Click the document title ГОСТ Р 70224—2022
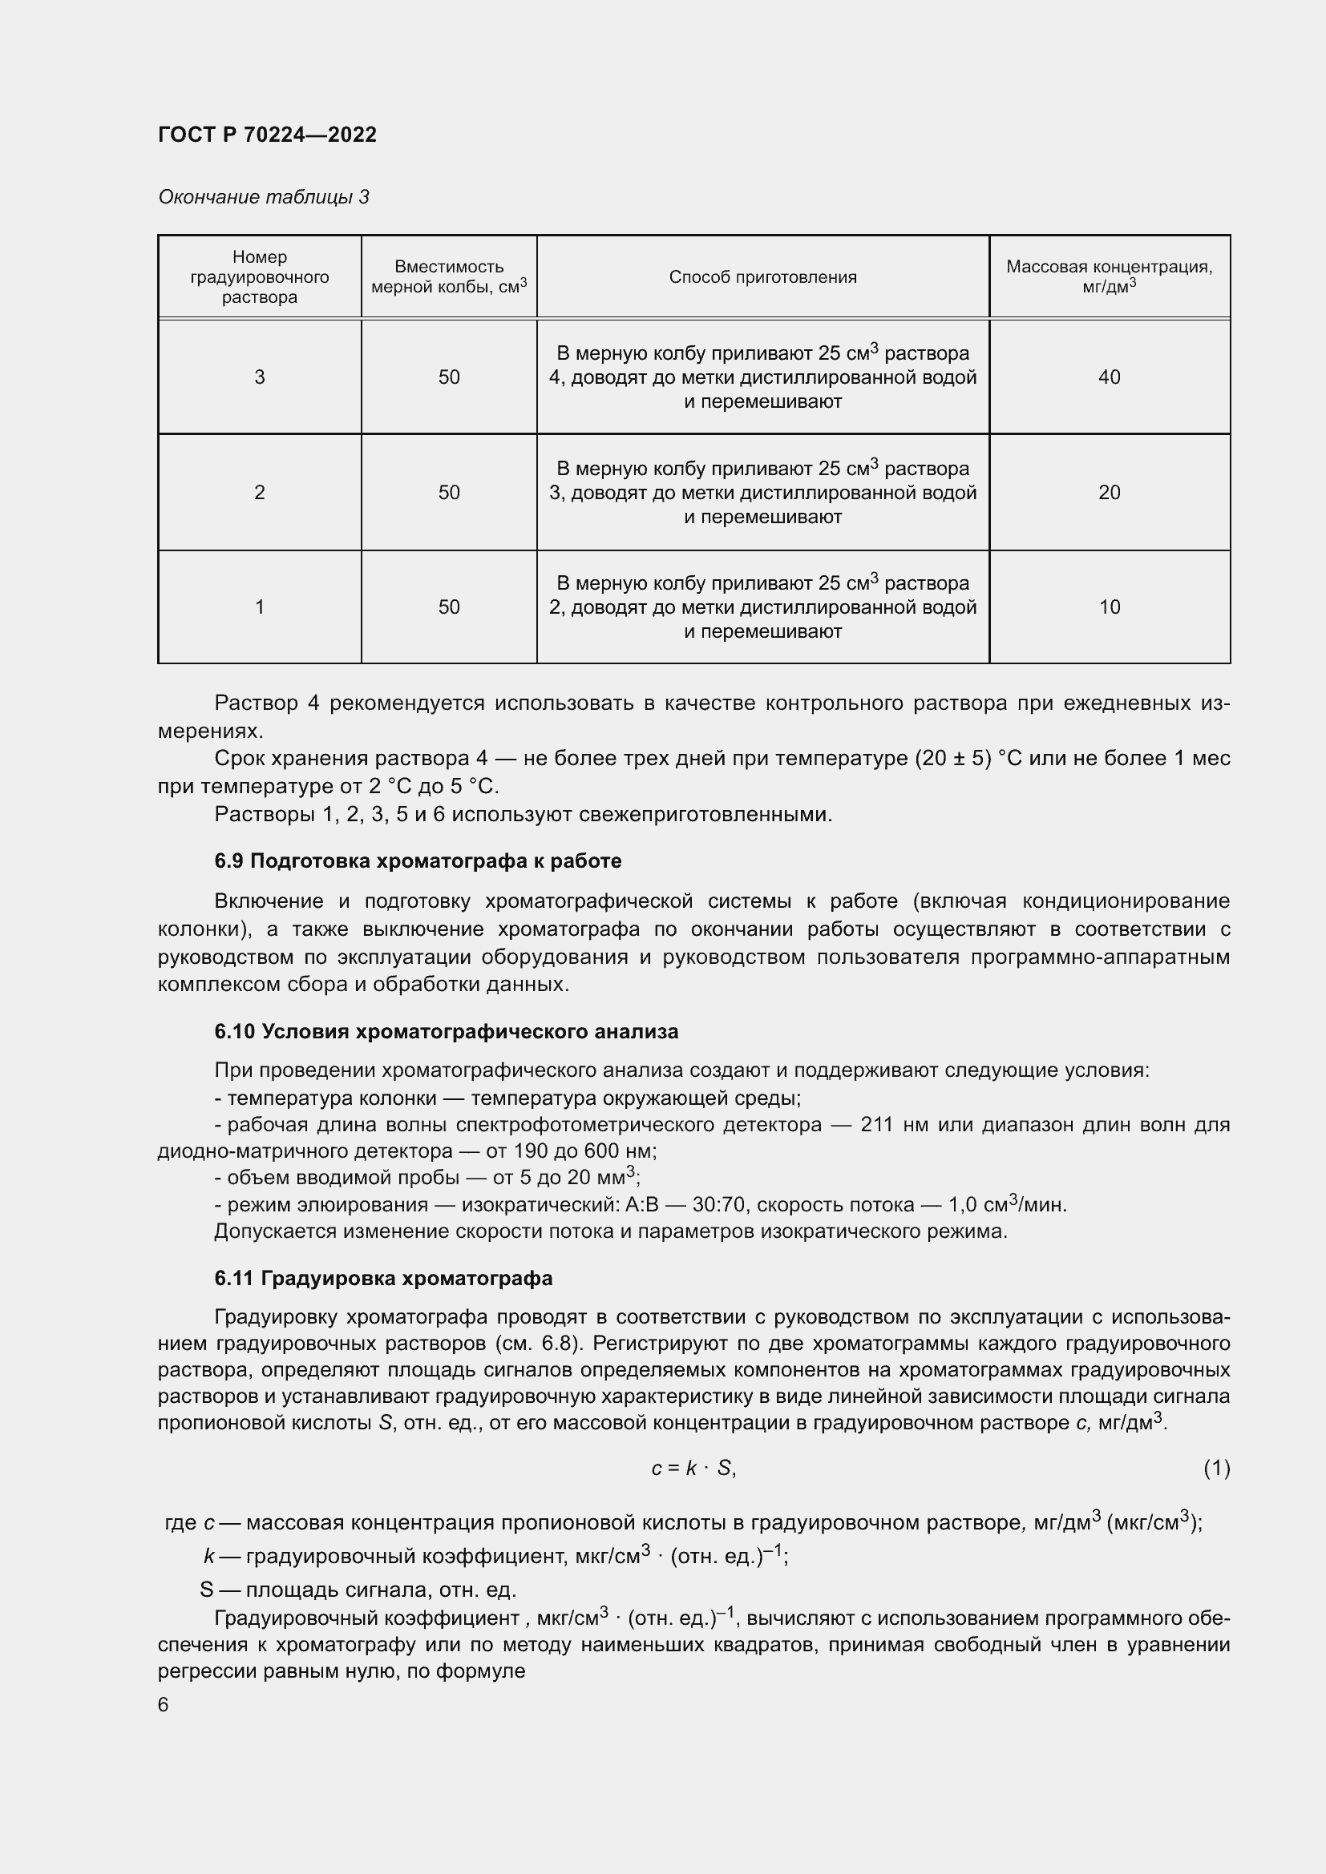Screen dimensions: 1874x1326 [267, 135]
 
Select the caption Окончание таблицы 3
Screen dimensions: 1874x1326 [263, 197]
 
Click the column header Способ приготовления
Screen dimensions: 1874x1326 [762, 276]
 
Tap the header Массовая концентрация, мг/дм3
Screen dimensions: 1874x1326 [1109, 276]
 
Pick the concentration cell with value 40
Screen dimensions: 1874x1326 [1109, 377]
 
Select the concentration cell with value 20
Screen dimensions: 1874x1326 [1109, 492]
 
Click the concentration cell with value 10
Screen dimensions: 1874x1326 [1109, 607]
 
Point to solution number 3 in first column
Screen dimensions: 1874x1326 [260, 377]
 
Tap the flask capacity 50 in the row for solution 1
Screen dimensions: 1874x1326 [449, 607]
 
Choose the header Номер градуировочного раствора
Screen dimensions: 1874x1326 [260, 276]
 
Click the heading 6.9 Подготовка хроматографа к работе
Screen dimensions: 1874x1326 [417, 861]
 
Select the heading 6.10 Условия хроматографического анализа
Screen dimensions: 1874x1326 [446, 1032]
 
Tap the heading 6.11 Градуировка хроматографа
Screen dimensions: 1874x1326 [383, 1278]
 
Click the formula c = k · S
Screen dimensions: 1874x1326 [693, 1469]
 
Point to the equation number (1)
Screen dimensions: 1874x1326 [1216, 1469]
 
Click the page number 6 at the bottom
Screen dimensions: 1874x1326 [164, 1705]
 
